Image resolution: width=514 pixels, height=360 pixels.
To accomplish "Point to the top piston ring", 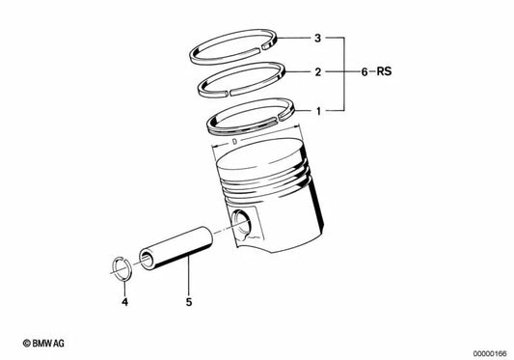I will coord(237,42).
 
